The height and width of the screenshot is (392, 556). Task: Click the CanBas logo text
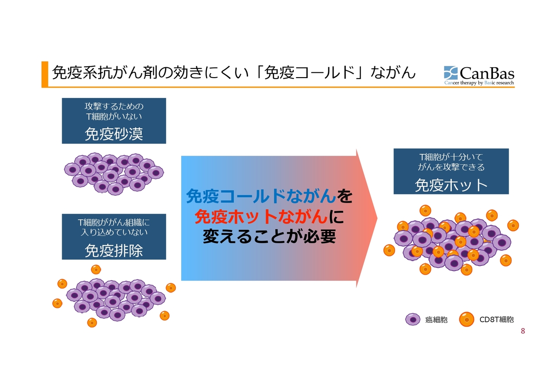pos(487,73)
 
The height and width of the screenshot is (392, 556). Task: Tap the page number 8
pos(523,331)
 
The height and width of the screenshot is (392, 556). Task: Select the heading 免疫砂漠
pos(114,134)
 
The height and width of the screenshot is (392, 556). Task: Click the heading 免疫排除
pos(114,250)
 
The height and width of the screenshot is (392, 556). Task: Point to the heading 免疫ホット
pos(451,185)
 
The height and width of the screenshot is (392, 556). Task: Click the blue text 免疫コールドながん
pos(261,196)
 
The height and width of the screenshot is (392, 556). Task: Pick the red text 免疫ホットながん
pos(261,216)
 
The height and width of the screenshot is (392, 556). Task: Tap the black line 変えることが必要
pos(269,236)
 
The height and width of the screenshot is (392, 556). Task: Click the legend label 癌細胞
pos(436,320)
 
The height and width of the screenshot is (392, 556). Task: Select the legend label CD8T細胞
pos(496,320)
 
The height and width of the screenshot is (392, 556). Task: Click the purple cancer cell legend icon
pos(413,320)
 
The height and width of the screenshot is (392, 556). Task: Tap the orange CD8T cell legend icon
pos(467,319)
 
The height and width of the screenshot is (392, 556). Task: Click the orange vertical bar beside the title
pos(45,74)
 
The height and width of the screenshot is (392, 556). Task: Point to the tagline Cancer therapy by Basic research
pos(479,83)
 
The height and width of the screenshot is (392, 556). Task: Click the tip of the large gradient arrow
pos(377,218)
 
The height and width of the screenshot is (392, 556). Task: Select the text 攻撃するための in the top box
pos(114,106)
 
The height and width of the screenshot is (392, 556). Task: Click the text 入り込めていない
pos(114,232)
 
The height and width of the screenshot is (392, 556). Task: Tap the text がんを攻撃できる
pos(451,167)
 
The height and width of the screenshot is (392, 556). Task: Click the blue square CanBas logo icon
pos(450,73)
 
